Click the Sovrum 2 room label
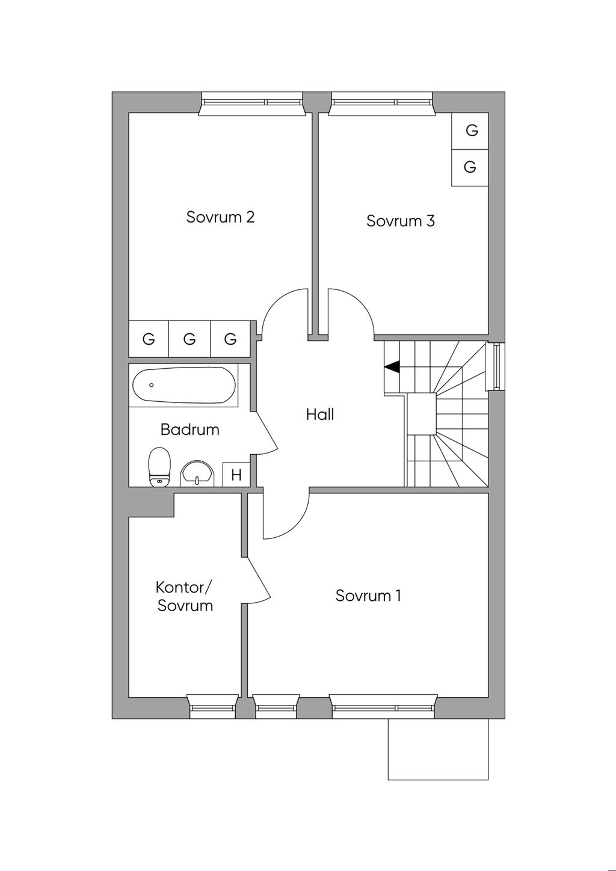220,217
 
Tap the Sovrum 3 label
400,221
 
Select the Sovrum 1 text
368,596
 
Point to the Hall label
319,414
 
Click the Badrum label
189,429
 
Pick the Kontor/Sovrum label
185,596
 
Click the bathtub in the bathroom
183,386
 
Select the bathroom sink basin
198,472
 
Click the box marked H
236,475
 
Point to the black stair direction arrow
392,366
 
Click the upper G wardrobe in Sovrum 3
472,131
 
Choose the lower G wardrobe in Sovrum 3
470,167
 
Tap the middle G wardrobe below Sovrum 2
189,339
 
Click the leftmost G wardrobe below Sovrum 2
149,339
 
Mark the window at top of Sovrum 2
251,103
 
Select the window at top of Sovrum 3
381,102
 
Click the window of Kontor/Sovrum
213,707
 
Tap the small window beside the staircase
496,366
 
